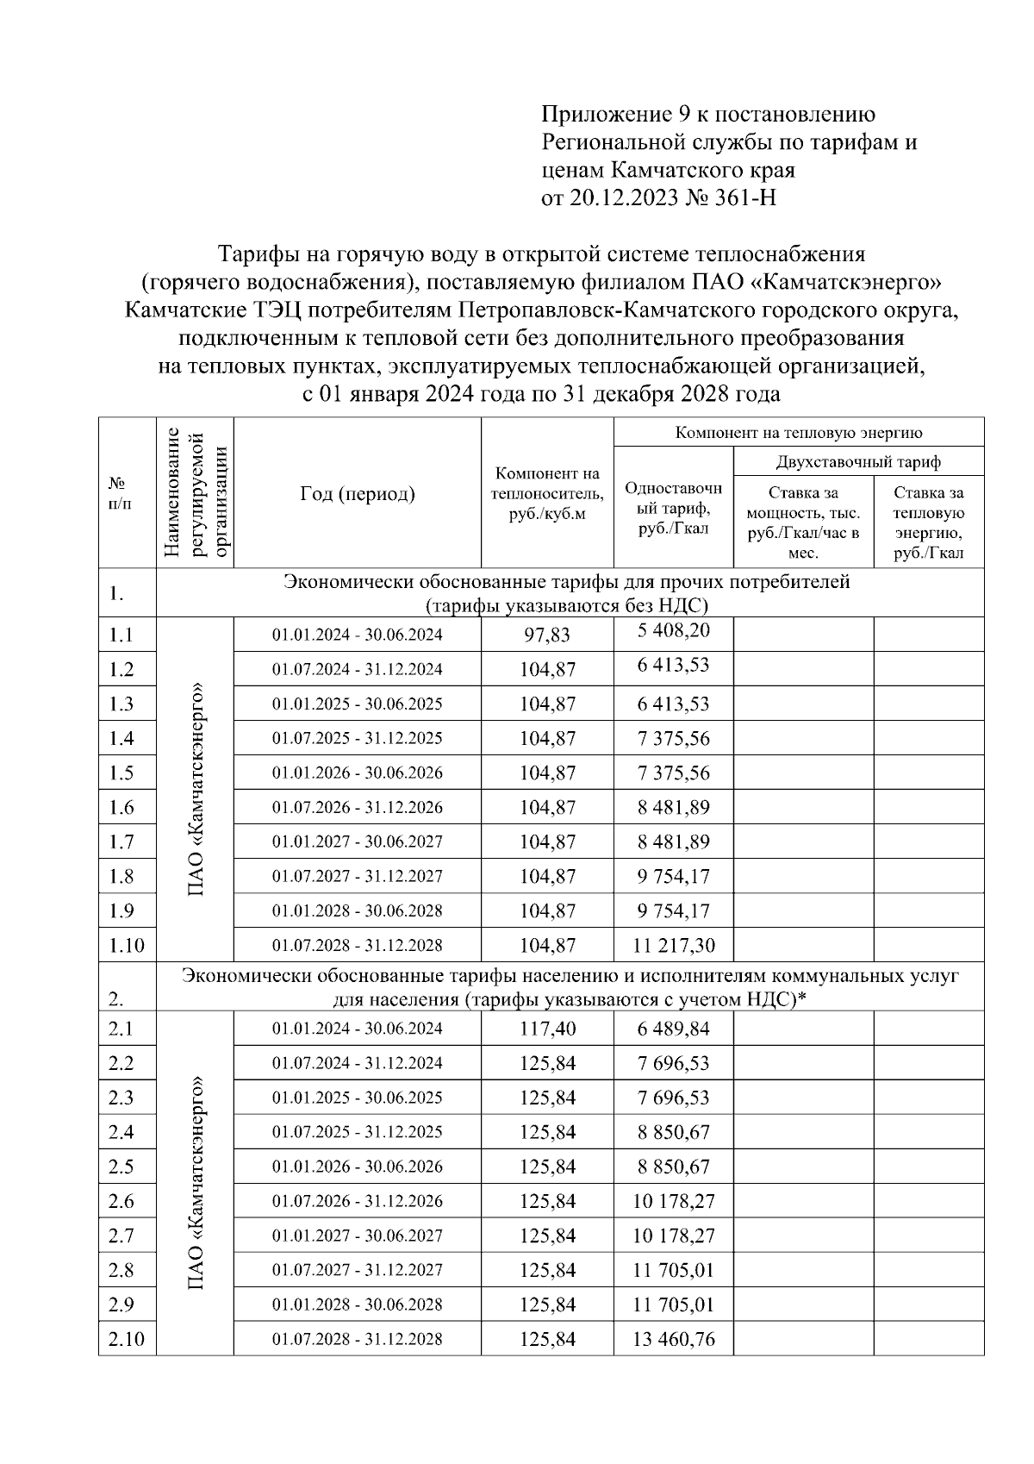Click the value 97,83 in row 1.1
point(547,635)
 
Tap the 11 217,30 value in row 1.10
point(674,945)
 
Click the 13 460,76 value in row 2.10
point(674,1339)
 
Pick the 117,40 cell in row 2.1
point(547,1028)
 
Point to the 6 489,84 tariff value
point(674,1028)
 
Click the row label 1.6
point(121,807)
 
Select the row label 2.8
point(121,1270)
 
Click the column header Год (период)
point(358,493)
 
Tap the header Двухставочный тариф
point(858,462)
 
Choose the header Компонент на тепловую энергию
point(799,433)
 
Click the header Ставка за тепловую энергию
point(929,522)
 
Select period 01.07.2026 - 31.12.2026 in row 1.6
point(358,807)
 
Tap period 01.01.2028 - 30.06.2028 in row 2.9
point(358,1304)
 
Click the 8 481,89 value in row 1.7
point(674,841)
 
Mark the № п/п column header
point(121,493)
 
